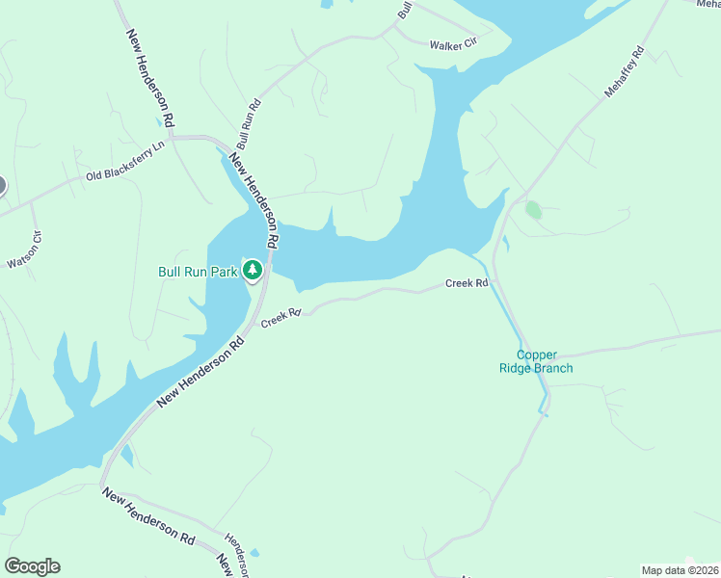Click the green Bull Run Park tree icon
pyautogui.click(x=253, y=270)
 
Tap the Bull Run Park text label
pyautogui.click(x=198, y=273)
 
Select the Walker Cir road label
pyautogui.click(x=453, y=44)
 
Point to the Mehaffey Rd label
pyautogui.click(x=624, y=70)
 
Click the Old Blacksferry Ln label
pyautogui.click(x=125, y=161)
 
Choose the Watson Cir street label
pyautogui.click(x=25, y=250)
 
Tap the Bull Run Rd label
pyautogui.click(x=249, y=123)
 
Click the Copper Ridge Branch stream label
pyautogui.click(x=536, y=361)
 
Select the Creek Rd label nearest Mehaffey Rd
pyautogui.click(x=467, y=283)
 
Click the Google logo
pyautogui.click(x=32, y=566)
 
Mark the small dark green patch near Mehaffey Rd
pyautogui.click(x=533, y=209)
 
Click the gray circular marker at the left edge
pyautogui.click(x=1, y=186)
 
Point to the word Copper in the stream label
pyautogui.click(x=536, y=355)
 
